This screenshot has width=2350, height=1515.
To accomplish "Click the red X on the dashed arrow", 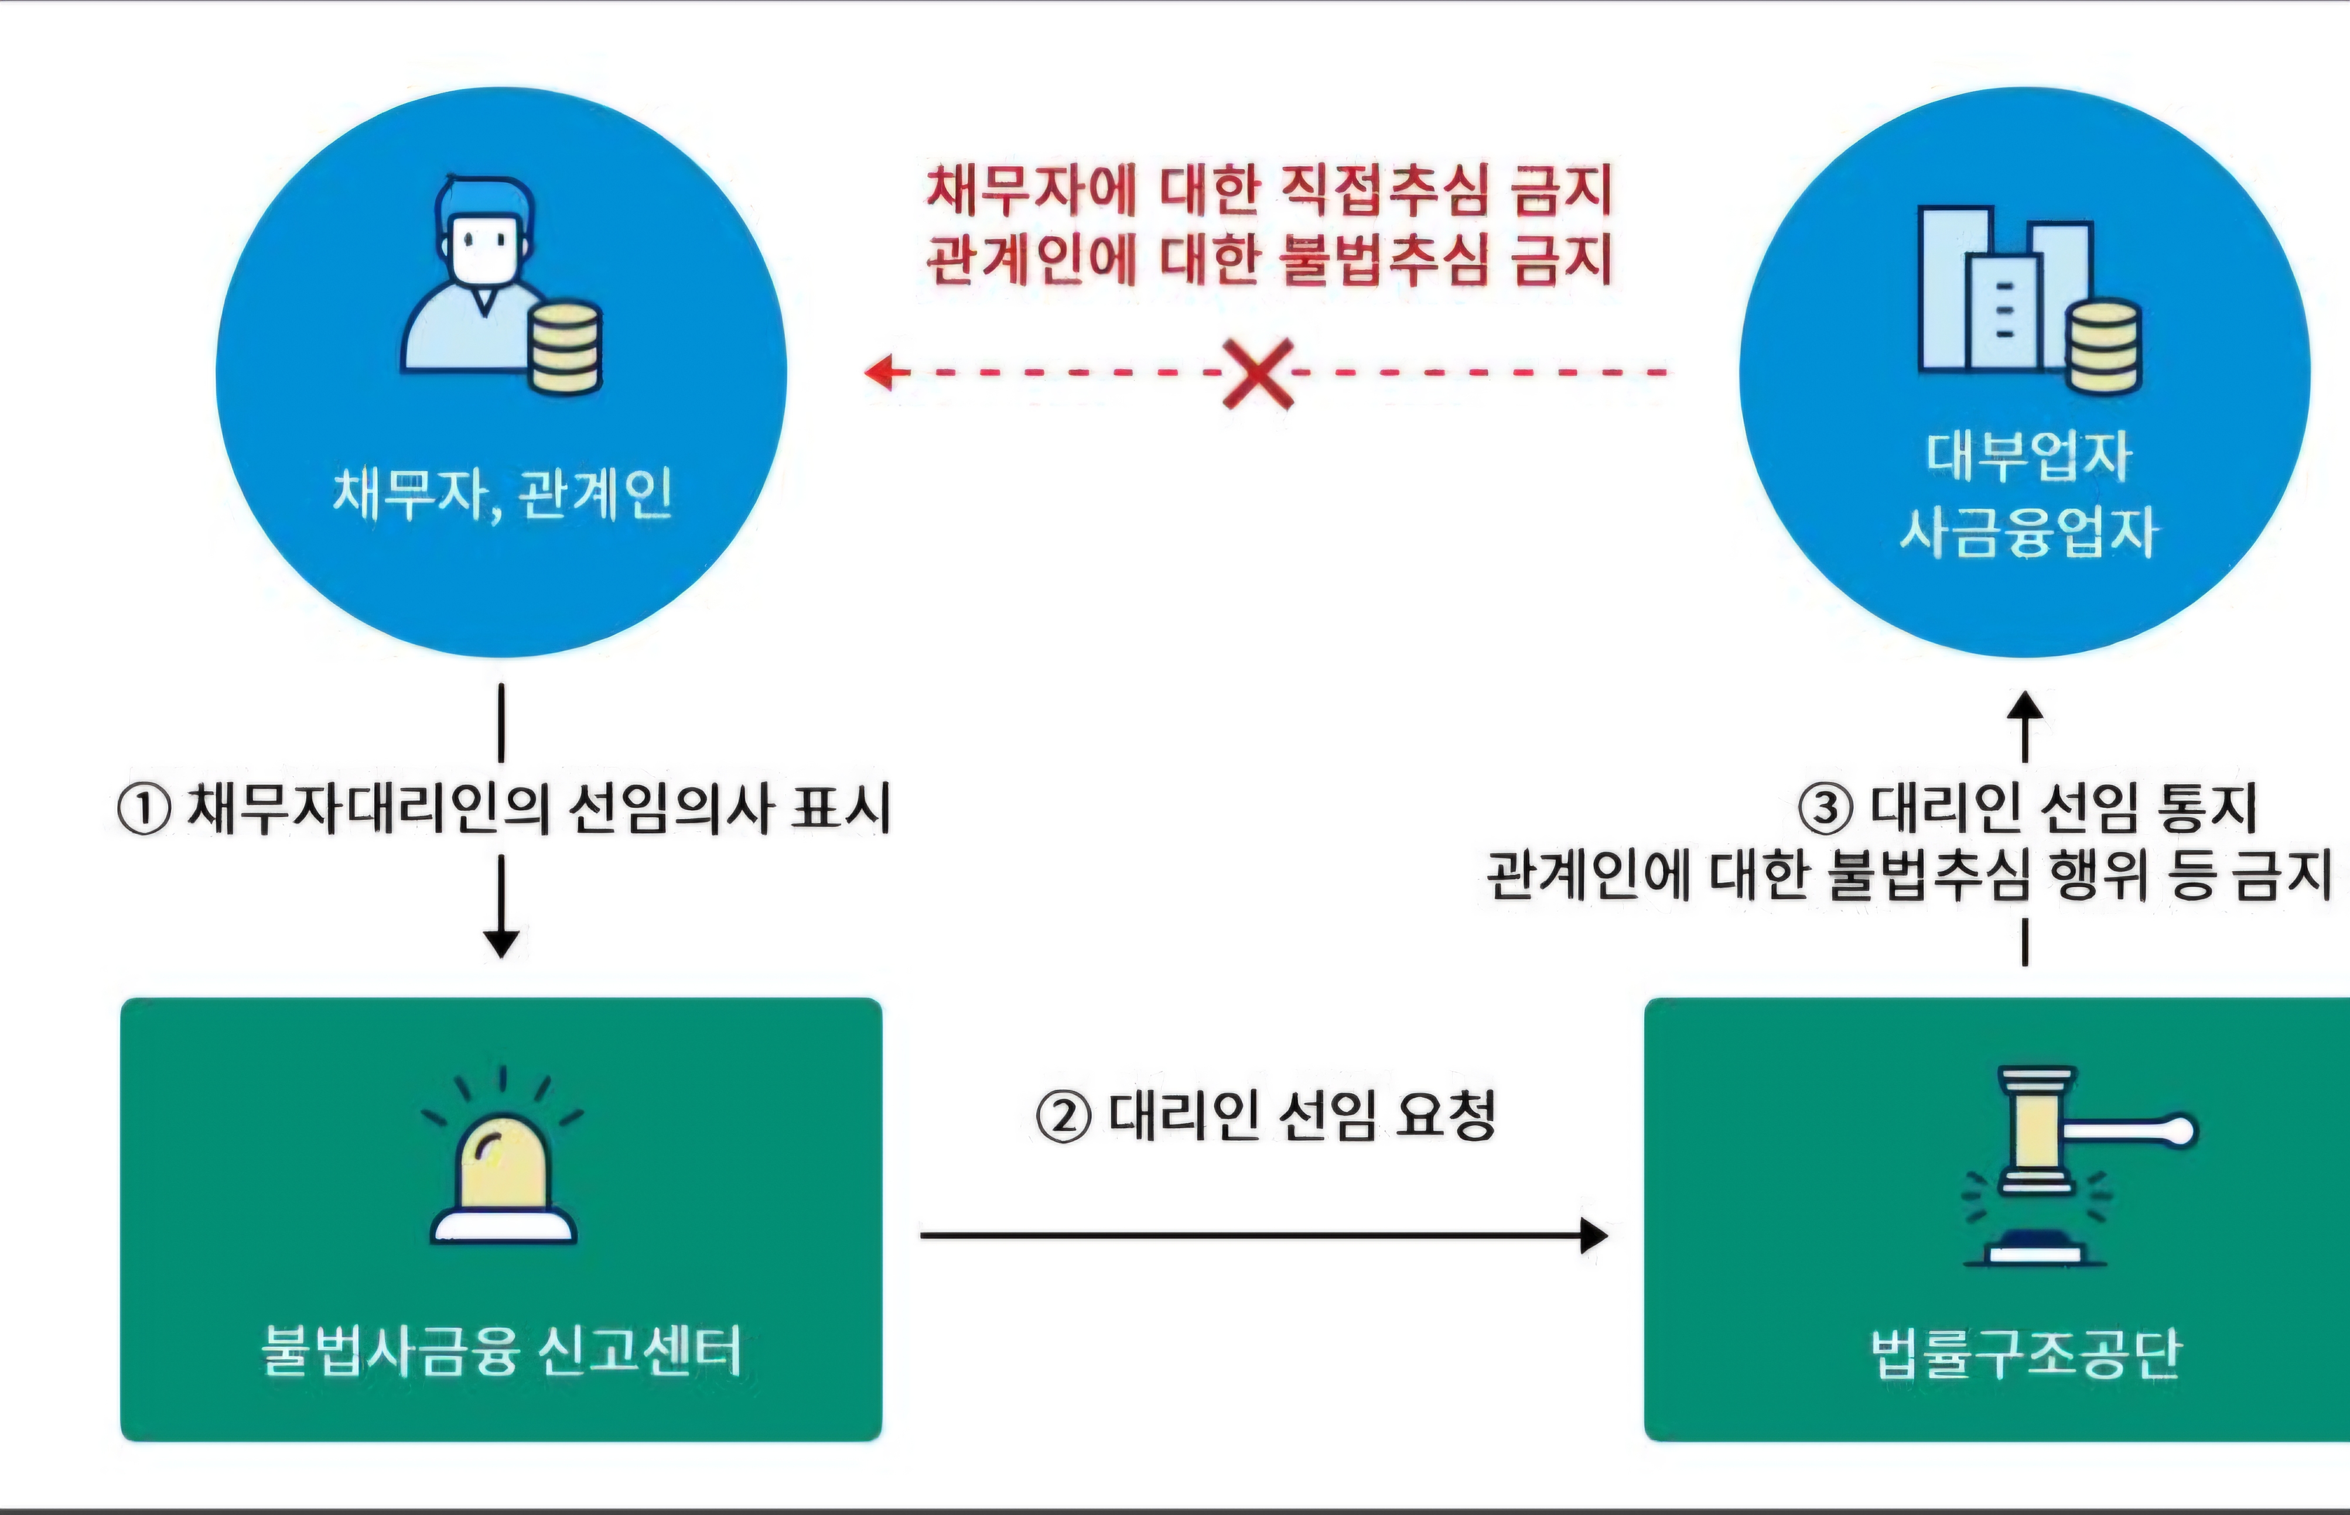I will tap(1258, 374).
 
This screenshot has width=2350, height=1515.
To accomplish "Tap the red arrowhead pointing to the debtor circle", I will tap(879, 372).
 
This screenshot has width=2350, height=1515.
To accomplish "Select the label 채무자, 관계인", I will tap(502, 494).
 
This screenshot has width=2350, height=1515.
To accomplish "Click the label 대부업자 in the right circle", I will tap(2027, 457).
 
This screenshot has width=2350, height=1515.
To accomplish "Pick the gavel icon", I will tap(2067, 1161).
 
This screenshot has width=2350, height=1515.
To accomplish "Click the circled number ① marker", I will tap(144, 810).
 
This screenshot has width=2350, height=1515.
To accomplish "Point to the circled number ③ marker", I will tap(1826, 808).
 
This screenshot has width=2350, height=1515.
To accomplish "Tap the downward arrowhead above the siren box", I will tap(502, 942).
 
